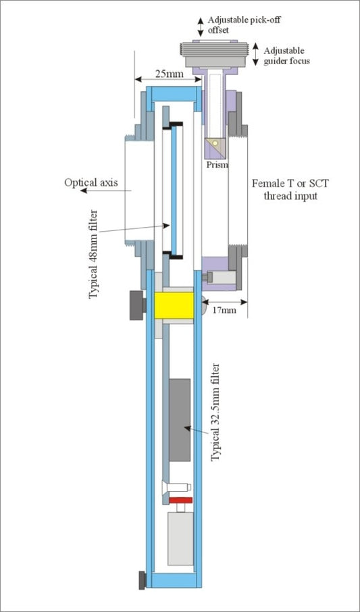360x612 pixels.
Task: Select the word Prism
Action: [217, 164]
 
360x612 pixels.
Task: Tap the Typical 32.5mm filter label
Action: [216, 412]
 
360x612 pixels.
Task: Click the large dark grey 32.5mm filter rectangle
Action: [178, 419]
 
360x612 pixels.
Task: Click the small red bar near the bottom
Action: [180, 500]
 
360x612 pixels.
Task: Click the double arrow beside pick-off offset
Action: [201, 26]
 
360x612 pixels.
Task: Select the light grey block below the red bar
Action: [180, 536]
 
